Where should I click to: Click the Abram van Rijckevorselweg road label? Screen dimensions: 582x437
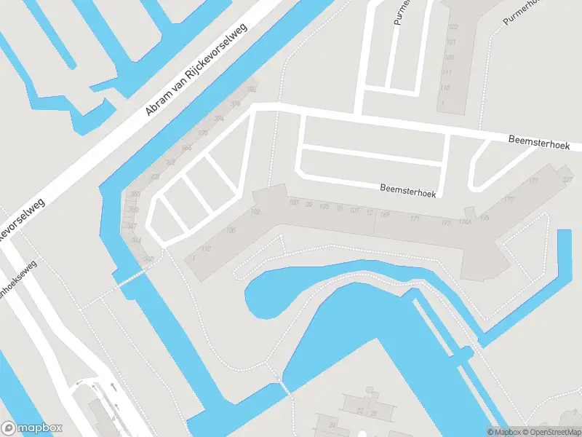(x=196, y=69)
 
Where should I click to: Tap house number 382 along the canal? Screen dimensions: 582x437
(x=252, y=89)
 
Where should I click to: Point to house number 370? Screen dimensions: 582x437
(x=202, y=133)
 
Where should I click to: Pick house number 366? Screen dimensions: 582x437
(x=186, y=148)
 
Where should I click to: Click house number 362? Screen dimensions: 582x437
(x=170, y=162)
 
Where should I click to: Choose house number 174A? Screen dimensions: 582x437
(x=465, y=222)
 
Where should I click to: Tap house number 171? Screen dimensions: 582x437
(x=415, y=219)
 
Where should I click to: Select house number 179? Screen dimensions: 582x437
(x=533, y=181)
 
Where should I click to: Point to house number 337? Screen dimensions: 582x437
(x=567, y=178)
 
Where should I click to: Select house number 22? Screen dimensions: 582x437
(x=359, y=412)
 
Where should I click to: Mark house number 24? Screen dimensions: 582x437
(x=332, y=424)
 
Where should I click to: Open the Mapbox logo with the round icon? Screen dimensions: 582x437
(x=32, y=428)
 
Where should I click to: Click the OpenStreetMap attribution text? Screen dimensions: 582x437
(x=548, y=432)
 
